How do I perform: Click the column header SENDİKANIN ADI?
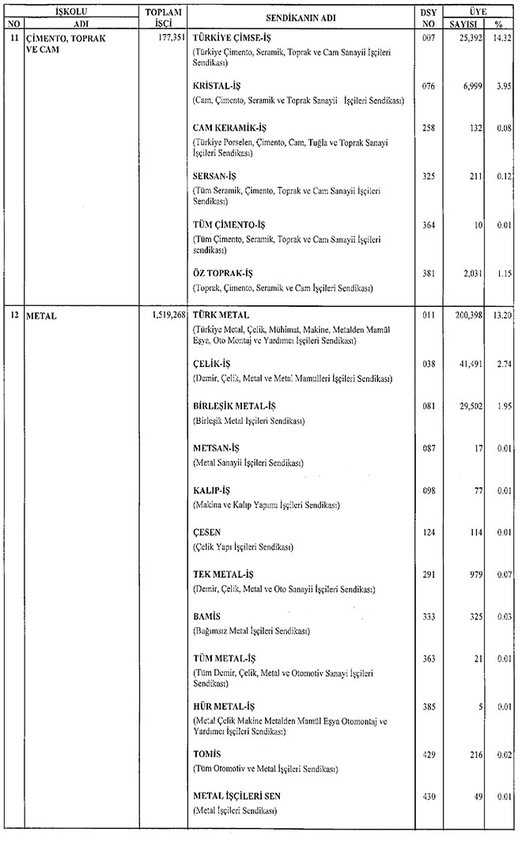click(302, 17)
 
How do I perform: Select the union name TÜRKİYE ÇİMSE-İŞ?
click(231, 38)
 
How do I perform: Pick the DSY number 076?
click(429, 86)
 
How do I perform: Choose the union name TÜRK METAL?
click(221, 314)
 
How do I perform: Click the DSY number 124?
click(429, 532)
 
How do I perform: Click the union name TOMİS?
click(207, 754)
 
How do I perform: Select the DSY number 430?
click(429, 796)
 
